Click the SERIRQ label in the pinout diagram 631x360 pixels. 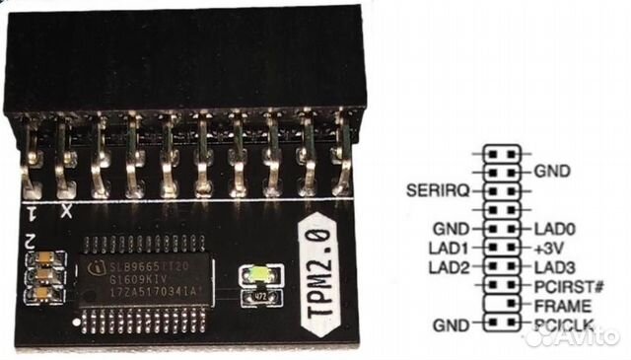[x=440, y=187]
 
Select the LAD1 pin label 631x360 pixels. [x=452, y=246]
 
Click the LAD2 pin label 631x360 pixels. [x=452, y=265]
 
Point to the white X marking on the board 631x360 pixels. [x=66, y=211]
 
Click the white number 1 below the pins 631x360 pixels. [x=31, y=212]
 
